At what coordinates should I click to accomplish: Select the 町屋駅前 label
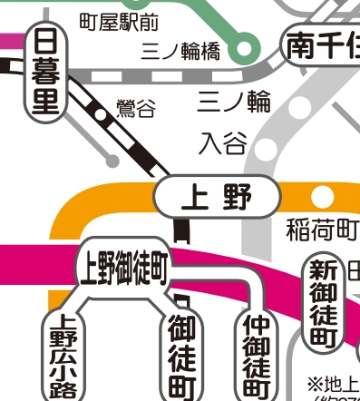(119, 19)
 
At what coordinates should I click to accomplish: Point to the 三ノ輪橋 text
(180, 51)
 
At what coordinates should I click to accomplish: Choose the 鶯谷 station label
(135, 110)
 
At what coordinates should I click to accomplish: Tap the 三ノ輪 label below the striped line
(233, 102)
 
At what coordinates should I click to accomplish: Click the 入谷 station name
(222, 143)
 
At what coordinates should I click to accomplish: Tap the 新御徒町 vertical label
(323, 304)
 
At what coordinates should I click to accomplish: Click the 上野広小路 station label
(63, 357)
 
